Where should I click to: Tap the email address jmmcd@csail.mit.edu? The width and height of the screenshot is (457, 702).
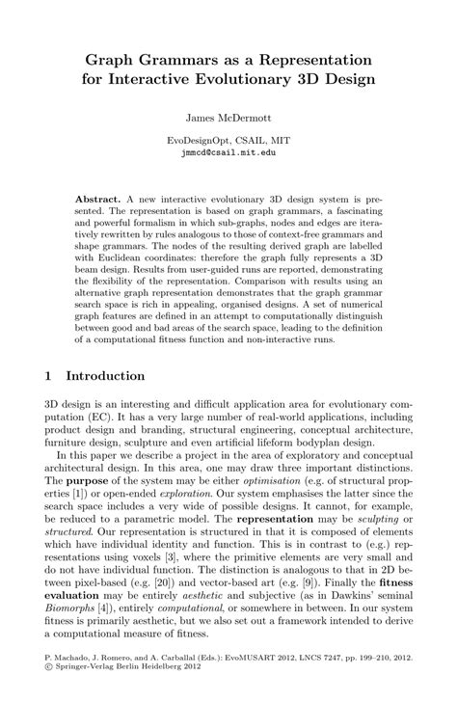[228, 152]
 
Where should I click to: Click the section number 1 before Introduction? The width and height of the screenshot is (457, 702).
[49, 375]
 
